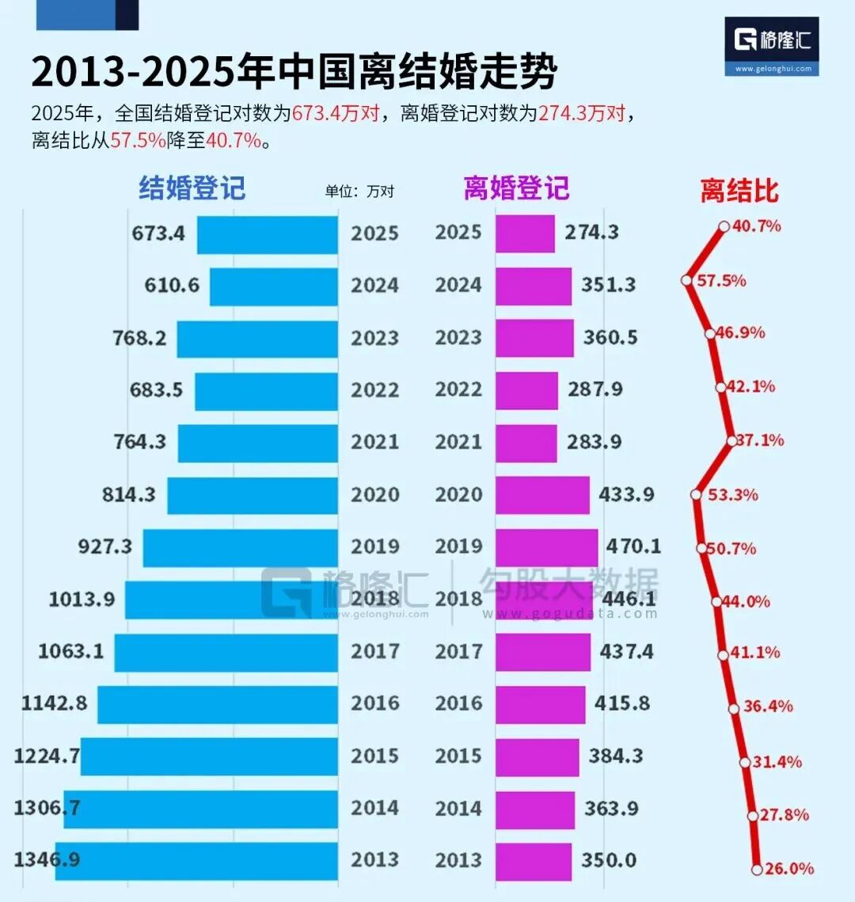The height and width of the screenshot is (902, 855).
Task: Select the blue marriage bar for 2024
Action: [x=273, y=286]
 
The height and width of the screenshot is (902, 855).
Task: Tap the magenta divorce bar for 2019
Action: [x=546, y=548]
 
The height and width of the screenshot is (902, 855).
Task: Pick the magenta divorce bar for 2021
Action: [x=526, y=443]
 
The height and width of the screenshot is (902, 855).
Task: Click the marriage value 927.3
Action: [x=104, y=547]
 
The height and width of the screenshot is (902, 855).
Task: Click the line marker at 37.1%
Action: [x=731, y=440]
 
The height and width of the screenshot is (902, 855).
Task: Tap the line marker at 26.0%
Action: [x=757, y=869]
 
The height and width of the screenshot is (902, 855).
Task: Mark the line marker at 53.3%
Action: [x=697, y=495]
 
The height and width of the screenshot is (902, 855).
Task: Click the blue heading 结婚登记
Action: [x=192, y=188]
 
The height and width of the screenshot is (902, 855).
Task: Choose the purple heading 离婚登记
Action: [x=516, y=188]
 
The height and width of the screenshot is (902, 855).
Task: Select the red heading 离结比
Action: [x=739, y=191]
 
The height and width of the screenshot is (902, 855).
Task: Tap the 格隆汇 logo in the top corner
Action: [x=772, y=46]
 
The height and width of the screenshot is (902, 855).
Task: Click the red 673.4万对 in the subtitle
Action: [x=335, y=114]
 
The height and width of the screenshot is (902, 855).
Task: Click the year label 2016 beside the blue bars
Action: [x=375, y=703]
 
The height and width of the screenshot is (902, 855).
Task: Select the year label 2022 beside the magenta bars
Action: [x=458, y=390]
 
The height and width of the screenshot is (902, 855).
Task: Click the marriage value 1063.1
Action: [x=70, y=651]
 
